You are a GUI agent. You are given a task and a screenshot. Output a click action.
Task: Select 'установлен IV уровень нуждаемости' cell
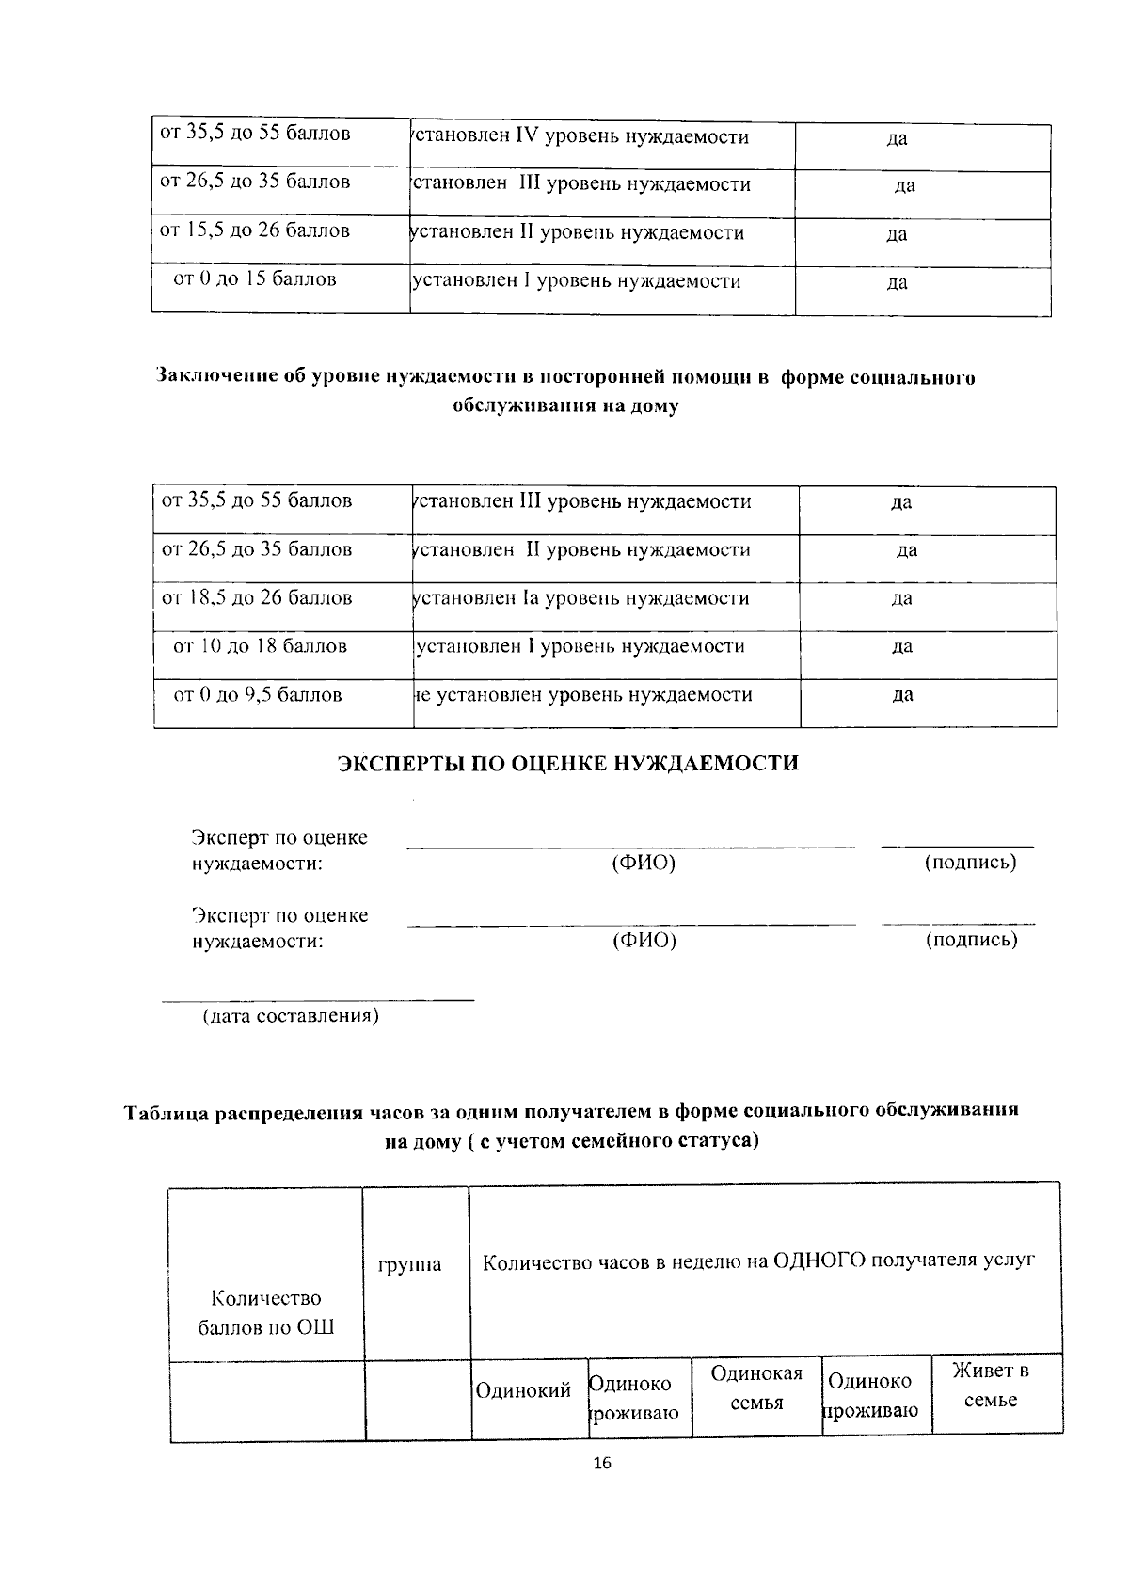tap(581, 137)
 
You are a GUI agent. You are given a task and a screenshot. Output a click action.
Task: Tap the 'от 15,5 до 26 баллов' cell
tap(256, 230)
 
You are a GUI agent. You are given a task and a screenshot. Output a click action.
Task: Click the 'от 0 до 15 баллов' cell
tap(256, 279)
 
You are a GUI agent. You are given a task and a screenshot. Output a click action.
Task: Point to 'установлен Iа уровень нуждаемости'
tap(581, 598)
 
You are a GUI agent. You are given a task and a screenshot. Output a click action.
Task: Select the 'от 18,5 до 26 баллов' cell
tap(258, 597)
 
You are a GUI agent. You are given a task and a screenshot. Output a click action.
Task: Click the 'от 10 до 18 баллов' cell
tap(261, 646)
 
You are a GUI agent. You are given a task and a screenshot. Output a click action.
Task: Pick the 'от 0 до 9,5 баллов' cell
tap(258, 695)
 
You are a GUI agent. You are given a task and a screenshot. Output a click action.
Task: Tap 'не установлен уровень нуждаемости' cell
tap(583, 695)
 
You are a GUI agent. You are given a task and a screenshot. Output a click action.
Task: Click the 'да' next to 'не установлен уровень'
tap(901, 695)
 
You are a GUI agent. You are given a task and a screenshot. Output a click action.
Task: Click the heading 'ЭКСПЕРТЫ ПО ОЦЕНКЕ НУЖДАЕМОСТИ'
tap(567, 763)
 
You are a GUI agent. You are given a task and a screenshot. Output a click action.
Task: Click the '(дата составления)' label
tap(292, 1016)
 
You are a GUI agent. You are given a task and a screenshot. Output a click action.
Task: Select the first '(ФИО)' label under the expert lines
tap(644, 863)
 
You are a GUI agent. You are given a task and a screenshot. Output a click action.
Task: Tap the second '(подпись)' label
tap(971, 939)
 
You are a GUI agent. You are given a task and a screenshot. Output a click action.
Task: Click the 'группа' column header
tap(409, 1265)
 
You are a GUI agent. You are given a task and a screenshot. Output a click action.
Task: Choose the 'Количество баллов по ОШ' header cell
tap(266, 1312)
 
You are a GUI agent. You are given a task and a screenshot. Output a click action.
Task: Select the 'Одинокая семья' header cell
tap(756, 1388)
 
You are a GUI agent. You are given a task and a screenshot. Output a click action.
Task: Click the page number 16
tap(602, 1464)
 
